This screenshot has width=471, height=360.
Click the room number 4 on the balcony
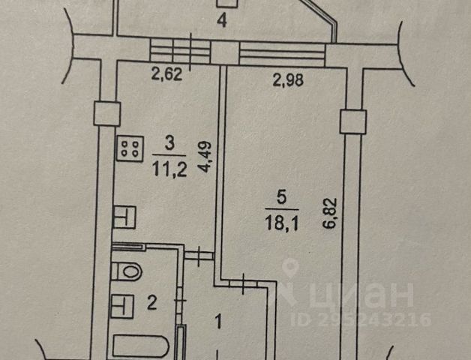221,20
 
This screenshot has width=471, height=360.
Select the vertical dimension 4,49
204,158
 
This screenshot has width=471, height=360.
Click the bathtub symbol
142,348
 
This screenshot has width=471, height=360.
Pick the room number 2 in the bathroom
151,304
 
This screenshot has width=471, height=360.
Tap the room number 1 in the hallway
218,324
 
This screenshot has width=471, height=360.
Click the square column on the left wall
106,114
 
